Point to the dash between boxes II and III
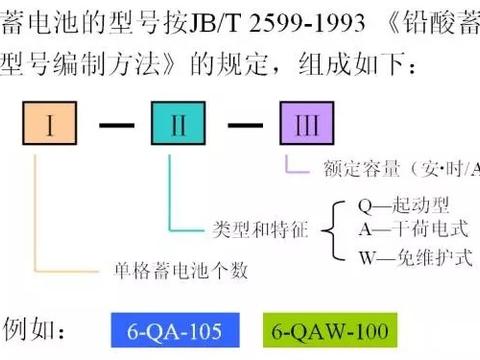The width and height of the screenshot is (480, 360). pos(244,126)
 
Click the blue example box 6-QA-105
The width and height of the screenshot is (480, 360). pos(166,328)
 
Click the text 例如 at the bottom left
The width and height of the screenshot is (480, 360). pos(39,328)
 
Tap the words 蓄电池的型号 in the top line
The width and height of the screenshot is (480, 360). pos(70,18)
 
